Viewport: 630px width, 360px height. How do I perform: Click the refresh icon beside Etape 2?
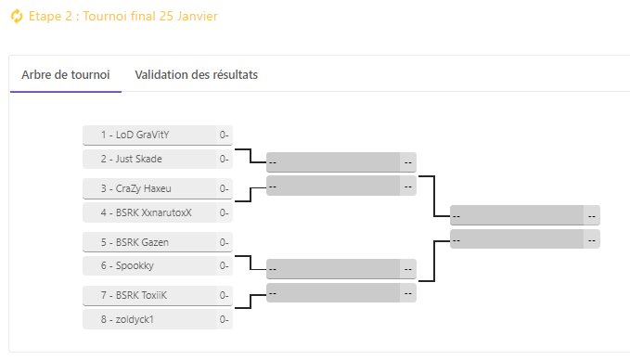click(x=16, y=18)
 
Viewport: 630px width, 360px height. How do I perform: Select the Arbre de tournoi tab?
click(x=66, y=75)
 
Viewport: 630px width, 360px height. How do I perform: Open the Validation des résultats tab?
click(x=197, y=75)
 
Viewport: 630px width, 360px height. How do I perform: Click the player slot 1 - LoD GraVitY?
click(x=149, y=135)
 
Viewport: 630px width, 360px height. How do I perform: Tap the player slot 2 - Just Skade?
click(x=149, y=159)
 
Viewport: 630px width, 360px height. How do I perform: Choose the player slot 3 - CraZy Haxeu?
click(x=149, y=188)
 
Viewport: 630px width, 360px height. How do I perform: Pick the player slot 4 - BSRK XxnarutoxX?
click(x=149, y=212)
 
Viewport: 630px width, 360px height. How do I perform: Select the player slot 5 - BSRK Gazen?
click(x=149, y=242)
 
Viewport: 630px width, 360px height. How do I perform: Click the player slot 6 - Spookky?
click(x=149, y=266)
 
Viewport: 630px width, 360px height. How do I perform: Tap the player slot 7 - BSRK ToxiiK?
click(x=149, y=296)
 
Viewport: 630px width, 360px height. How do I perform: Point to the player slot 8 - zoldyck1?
click(x=149, y=320)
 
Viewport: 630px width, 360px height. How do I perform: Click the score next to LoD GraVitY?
click(x=225, y=135)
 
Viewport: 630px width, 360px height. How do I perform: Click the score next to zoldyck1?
click(x=225, y=320)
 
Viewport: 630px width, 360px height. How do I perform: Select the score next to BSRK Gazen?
click(x=225, y=242)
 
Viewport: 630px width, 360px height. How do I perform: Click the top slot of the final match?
click(x=517, y=216)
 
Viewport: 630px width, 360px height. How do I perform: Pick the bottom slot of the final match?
click(x=517, y=238)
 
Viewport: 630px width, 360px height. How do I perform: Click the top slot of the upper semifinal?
click(x=333, y=162)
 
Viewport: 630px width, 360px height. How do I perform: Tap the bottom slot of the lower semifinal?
click(x=333, y=292)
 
